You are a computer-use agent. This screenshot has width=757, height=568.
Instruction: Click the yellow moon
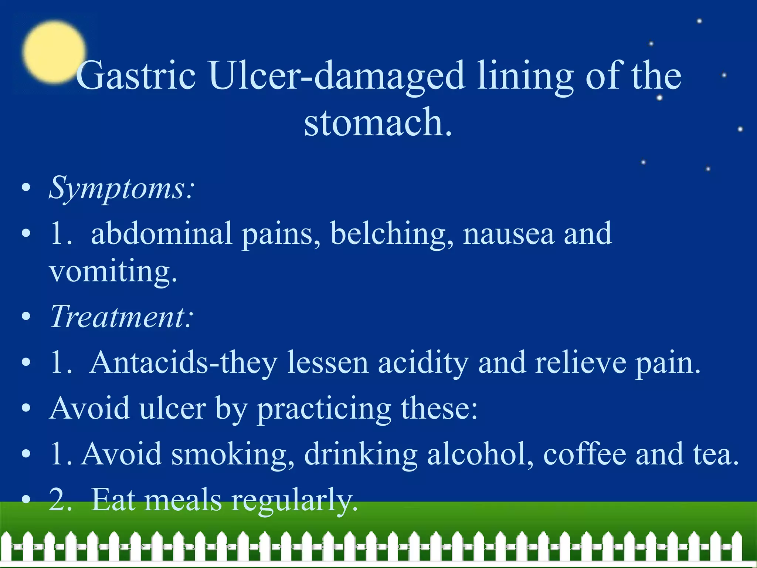click(x=54, y=52)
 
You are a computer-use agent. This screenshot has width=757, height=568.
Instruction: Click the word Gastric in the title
click(x=136, y=76)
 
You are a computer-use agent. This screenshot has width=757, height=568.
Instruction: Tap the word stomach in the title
click(x=378, y=122)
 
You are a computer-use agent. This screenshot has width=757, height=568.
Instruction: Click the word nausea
click(x=509, y=234)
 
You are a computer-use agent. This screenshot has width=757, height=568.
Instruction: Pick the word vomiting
click(x=113, y=272)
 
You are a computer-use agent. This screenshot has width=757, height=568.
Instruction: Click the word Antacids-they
click(x=184, y=363)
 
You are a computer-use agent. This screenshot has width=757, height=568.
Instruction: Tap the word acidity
click(x=423, y=363)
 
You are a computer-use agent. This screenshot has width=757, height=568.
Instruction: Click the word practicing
click(x=324, y=409)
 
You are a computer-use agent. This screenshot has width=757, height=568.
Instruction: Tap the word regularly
click(x=295, y=500)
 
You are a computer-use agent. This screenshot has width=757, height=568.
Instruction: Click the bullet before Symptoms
click(x=26, y=188)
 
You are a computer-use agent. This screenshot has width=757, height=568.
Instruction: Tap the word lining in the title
click(x=525, y=76)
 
